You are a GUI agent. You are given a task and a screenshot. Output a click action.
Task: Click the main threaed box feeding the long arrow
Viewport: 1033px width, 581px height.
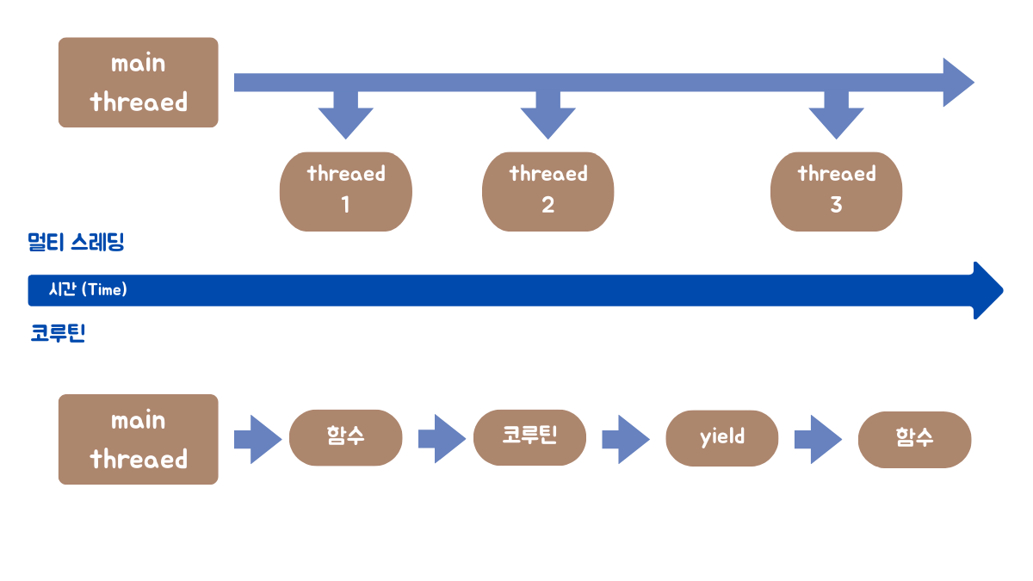[138, 83]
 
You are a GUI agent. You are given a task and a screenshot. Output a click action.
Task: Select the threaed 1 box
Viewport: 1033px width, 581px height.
[345, 191]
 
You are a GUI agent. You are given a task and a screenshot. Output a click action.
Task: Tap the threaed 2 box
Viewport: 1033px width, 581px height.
[547, 191]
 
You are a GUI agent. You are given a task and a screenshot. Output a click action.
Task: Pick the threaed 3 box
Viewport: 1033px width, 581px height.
[836, 191]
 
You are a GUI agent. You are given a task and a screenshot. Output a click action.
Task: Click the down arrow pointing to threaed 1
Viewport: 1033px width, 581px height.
[345, 116]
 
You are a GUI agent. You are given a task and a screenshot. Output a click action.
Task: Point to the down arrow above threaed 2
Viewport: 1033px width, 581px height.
[547, 116]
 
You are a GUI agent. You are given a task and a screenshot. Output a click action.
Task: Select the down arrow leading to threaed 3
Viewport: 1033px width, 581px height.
[836, 116]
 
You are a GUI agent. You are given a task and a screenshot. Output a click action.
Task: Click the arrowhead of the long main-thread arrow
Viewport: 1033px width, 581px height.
[957, 83]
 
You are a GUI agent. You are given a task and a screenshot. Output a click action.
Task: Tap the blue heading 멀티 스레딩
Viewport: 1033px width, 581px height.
[77, 242]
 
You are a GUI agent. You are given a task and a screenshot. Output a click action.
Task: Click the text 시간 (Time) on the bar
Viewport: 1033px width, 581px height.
[88, 290]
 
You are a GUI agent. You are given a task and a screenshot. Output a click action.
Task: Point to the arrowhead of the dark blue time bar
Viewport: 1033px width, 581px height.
[987, 290]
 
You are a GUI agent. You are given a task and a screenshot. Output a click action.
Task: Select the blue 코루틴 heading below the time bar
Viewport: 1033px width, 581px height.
[58, 334]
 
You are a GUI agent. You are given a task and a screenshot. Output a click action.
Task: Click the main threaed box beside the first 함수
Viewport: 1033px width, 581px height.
[138, 440]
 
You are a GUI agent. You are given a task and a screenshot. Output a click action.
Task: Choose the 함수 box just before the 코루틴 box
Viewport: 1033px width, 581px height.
[345, 437]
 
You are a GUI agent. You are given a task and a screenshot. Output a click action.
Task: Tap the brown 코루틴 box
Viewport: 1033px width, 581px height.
[529, 437]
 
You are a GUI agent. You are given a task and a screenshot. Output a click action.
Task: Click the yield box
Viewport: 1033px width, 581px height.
[721, 437]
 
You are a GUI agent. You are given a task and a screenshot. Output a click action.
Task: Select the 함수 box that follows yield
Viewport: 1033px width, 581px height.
[914, 438]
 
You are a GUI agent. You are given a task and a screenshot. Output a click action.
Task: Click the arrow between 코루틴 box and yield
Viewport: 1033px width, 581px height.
[625, 439]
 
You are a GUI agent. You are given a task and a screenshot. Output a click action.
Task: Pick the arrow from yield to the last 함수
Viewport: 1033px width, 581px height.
[817, 439]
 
